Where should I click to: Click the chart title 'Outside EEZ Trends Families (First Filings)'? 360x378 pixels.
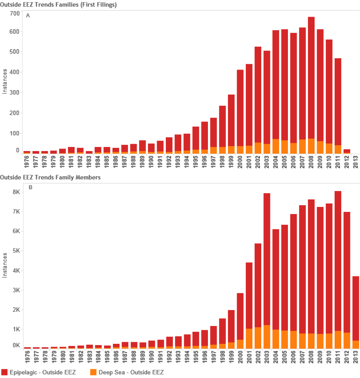coord(58,5)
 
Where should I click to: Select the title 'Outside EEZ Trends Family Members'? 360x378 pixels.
coord(50,177)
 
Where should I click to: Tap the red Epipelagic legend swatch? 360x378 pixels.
coord(5,372)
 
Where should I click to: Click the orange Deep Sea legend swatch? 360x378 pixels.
coord(94,372)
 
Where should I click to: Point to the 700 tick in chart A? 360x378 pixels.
coord(15,13)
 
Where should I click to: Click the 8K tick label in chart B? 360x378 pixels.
coord(16,192)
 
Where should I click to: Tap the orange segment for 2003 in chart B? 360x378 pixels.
coord(267,337)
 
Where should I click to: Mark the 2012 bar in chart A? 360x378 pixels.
coord(347,151)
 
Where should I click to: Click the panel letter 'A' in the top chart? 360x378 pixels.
coord(28,15)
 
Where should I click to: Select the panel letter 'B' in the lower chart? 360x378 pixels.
coord(30,187)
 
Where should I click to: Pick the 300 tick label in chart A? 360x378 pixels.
coord(15,92)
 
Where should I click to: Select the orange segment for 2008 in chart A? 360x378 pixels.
coord(311,146)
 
